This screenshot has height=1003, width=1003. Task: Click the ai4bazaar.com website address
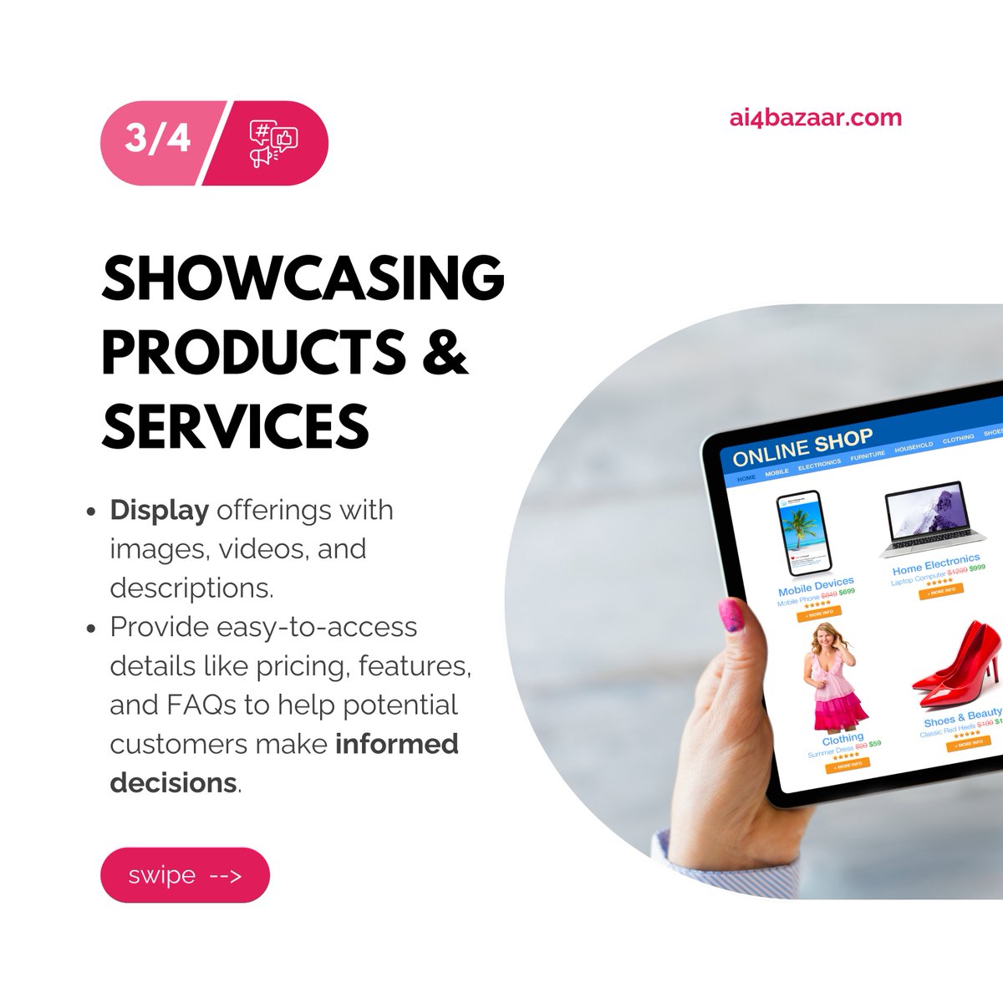(x=815, y=118)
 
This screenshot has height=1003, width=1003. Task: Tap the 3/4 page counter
(x=157, y=138)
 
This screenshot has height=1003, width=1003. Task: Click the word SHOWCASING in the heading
(x=303, y=278)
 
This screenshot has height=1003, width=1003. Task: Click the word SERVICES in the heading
(x=235, y=425)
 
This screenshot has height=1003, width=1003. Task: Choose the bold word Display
(x=160, y=510)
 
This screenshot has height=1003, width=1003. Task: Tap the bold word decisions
(x=174, y=782)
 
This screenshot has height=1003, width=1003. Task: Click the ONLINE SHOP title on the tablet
(x=802, y=447)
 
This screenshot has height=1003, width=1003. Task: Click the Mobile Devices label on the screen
(x=816, y=585)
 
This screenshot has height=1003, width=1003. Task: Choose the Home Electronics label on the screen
(x=935, y=563)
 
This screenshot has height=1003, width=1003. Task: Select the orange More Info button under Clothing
(x=847, y=764)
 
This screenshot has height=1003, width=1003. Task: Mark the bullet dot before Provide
(x=92, y=629)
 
